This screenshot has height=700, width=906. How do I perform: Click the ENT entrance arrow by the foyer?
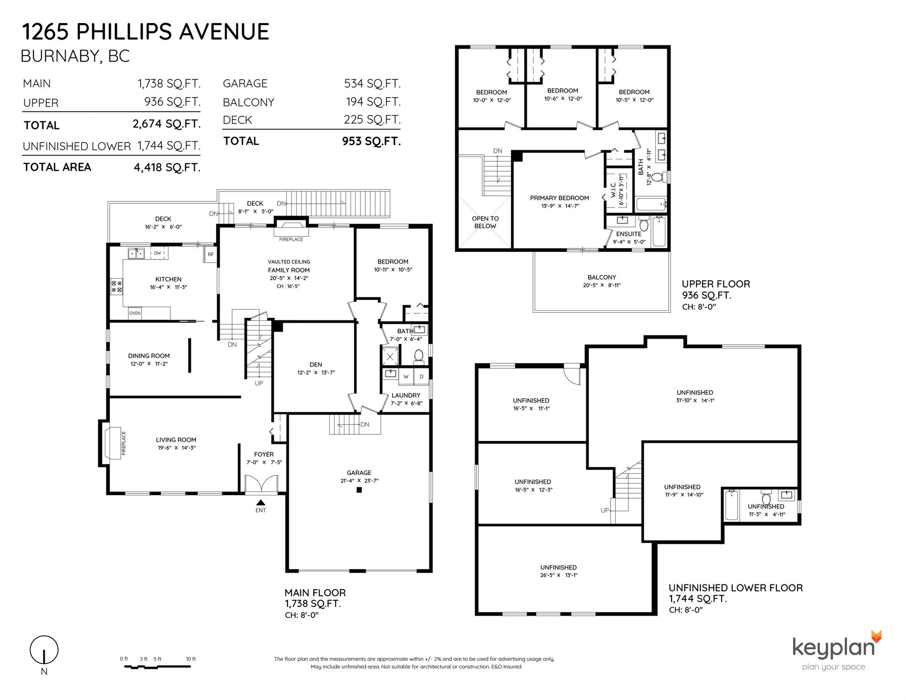tap(260, 503)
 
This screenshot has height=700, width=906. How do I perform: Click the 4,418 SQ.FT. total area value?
tap(167, 167)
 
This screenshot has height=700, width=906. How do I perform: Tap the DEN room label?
tap(316, 364)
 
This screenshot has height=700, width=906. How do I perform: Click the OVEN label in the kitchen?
tap(135, 313)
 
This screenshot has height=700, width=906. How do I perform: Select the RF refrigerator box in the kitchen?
tap(211, 254)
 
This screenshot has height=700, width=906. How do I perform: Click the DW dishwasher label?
tap(157, 253)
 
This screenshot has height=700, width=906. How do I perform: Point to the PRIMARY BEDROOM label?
tap(560, 198)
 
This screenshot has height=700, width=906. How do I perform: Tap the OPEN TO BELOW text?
tap(485, 222)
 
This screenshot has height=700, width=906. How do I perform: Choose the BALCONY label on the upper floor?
tap(602, 277)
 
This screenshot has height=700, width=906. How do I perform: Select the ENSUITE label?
tap(629, 234)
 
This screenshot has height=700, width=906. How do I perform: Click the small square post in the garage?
tap(359, 490)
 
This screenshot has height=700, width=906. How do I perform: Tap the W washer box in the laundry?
tap(406, 376)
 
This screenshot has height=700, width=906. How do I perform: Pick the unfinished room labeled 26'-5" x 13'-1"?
tap(558, 571)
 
